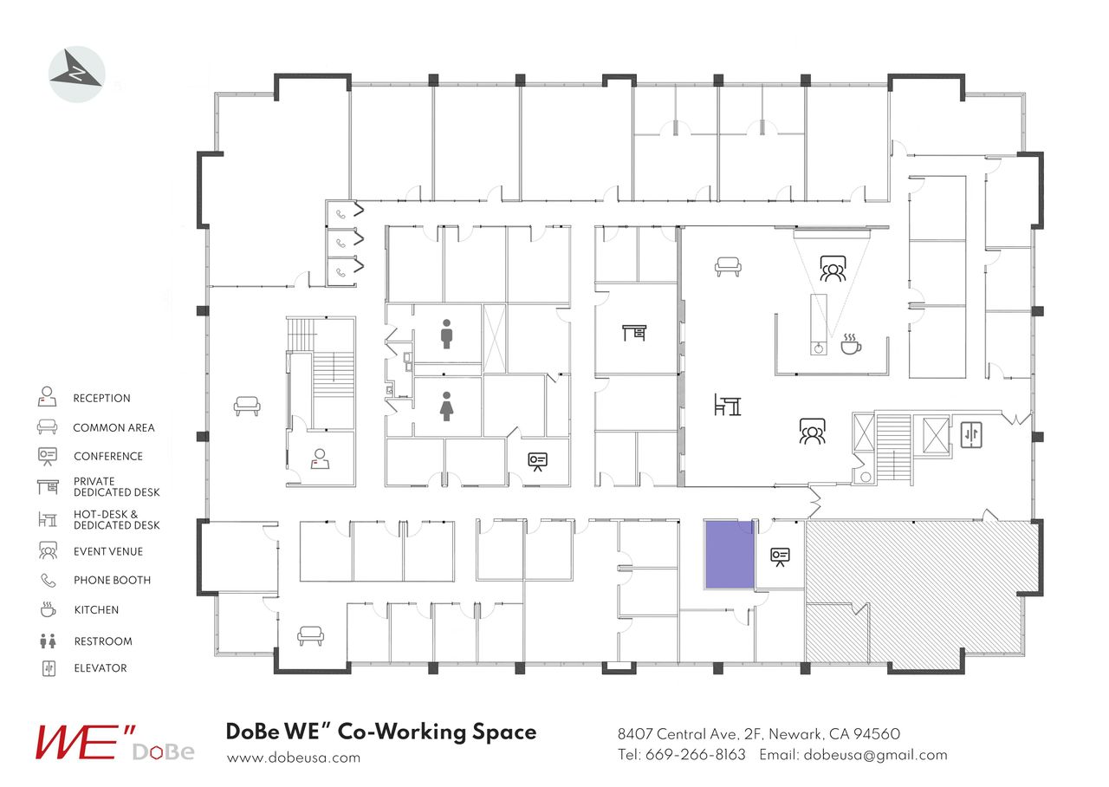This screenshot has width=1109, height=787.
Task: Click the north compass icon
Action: (77, 75)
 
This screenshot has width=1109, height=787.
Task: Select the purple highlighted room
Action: (730, 555)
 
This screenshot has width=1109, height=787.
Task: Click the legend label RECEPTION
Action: (101, 399)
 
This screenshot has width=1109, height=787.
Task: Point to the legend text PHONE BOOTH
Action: (112, 581)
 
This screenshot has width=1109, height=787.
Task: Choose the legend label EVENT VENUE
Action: (108, 551)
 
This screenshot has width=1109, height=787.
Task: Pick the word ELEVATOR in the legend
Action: (100, 668)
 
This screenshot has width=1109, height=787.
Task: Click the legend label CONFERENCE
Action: (108, 457)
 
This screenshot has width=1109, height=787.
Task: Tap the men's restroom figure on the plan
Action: (446, 334)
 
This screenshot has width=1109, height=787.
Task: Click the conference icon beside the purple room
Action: (780, 556)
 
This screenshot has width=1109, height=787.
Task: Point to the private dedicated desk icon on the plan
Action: (634, 332)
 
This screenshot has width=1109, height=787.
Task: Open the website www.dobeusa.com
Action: (293, 758)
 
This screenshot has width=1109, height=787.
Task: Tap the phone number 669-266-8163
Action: (695, 755)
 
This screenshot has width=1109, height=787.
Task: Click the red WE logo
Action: (78, 742)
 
